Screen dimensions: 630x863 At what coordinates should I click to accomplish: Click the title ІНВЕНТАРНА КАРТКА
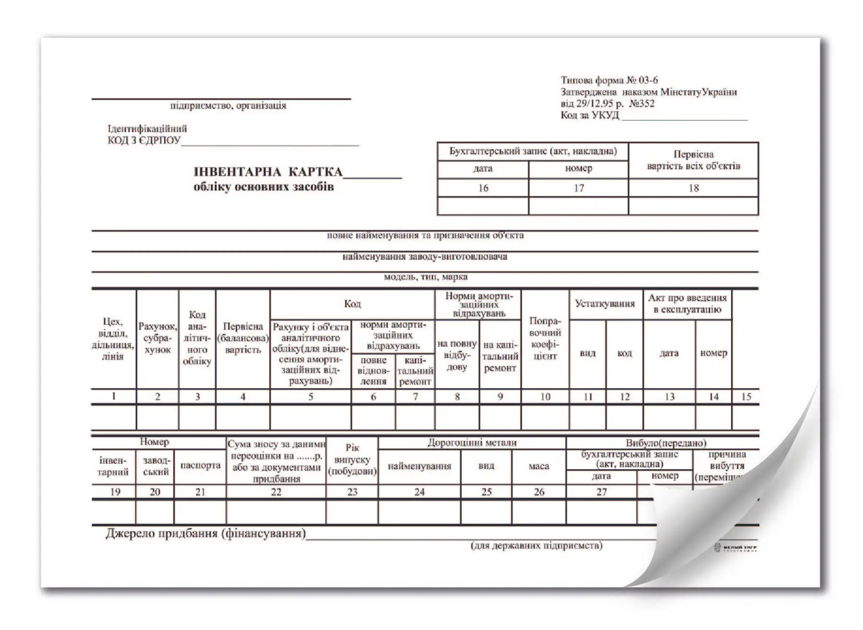point(268,172)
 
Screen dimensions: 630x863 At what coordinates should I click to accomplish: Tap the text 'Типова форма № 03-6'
point(609,81)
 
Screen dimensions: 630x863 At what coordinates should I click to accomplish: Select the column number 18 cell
point(693,188)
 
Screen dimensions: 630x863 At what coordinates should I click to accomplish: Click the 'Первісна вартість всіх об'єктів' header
point(693,160)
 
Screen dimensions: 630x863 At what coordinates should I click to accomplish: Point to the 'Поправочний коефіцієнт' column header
point(545,338)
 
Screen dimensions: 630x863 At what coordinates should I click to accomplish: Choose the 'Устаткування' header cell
point(605,303)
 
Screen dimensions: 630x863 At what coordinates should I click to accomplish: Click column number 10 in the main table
point(545,397)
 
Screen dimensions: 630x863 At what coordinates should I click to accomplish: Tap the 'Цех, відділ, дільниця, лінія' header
point(113,338)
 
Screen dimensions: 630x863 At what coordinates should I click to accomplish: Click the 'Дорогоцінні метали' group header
point(472,443)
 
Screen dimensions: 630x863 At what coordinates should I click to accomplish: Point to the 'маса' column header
point(538,466)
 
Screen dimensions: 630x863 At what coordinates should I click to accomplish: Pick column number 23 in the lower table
point(352,492)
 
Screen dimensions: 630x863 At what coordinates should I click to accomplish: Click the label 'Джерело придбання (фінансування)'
point(206,533)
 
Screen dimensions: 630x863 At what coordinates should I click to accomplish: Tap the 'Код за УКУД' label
point(590,116)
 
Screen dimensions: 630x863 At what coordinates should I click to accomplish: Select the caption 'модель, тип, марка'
point(425,277)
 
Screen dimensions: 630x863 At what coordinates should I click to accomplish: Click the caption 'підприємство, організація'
point(228,105)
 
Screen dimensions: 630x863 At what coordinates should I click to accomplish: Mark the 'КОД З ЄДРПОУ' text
point(144,140)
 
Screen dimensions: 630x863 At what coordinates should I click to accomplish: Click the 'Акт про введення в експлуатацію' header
point(687,303)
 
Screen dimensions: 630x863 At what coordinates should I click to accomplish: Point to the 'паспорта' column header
point(200,465)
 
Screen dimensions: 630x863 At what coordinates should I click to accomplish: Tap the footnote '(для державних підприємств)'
point(536,546)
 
